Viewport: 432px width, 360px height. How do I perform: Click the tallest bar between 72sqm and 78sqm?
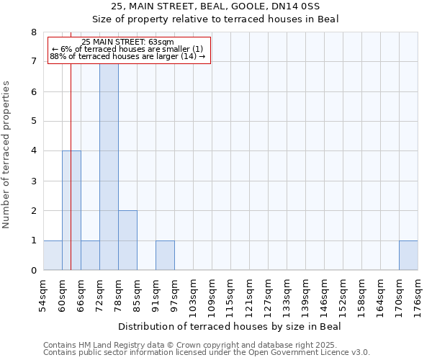109,166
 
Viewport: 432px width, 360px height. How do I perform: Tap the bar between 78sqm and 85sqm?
127,240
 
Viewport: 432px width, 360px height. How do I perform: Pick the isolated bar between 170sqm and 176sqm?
408,256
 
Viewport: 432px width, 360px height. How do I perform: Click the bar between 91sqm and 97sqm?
165,256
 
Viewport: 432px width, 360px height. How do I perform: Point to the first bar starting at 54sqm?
53,256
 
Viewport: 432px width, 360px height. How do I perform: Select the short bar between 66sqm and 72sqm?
90,256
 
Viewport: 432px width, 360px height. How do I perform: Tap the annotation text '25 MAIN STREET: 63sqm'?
127,42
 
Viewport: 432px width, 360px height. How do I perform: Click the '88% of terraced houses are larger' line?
127,56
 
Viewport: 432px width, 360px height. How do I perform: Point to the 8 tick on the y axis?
33,32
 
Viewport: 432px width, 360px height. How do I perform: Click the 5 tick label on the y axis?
33,122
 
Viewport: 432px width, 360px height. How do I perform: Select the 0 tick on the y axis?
33,271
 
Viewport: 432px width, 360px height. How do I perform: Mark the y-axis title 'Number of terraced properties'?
6,155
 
